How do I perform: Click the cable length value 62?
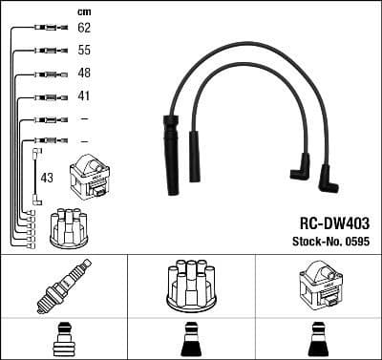(84, 30)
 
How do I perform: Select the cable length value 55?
(84, 52)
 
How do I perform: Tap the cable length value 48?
(84, 74)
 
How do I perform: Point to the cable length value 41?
(84, 95)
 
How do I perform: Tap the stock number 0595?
(355, 244)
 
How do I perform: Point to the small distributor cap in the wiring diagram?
(70, 226)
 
